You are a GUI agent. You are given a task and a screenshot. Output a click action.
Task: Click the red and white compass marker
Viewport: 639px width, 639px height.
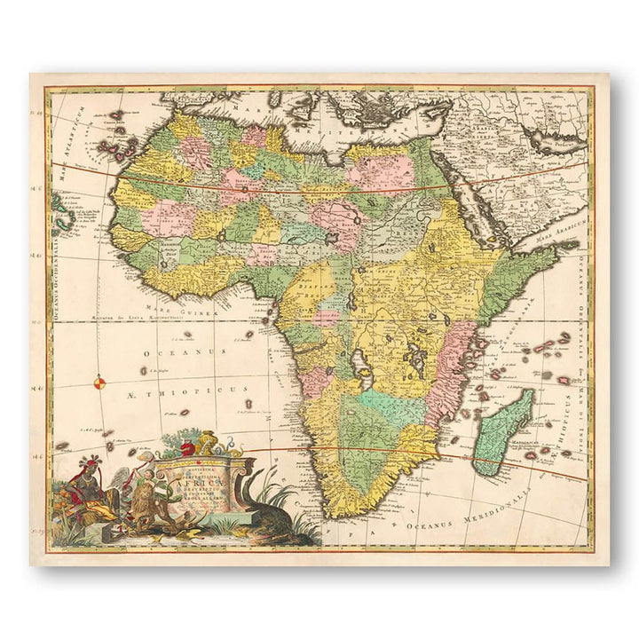(x=99, y=383)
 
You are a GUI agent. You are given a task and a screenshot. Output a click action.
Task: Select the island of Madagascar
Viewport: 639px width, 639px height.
(x=502, y=431)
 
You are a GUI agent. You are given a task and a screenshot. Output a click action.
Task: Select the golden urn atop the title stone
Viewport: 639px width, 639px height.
(x=206, y=441)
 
